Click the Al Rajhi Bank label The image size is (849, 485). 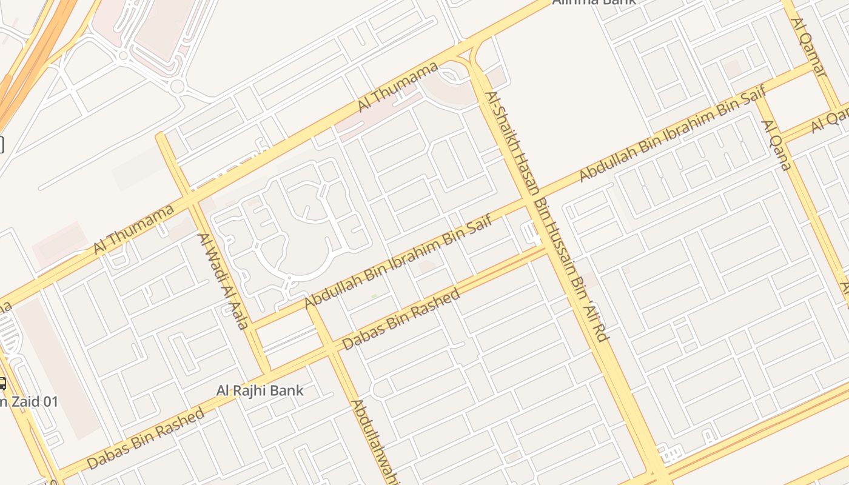pos(260,390)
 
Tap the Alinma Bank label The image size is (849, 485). pos(594,2)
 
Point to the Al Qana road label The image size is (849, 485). pos(777,145)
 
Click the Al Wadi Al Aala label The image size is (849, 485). pos(224,281)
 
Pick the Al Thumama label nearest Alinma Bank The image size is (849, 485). pos(397,87)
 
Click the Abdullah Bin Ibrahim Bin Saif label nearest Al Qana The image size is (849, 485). pos(673,134)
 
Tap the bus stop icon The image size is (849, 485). pos(2,383)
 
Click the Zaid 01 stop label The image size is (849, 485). pos(30,401)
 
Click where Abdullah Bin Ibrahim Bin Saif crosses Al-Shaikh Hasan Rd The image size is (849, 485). pos(529,201)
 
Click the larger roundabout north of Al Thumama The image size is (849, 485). pos(176,86)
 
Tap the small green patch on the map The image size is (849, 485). pos(374,296)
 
